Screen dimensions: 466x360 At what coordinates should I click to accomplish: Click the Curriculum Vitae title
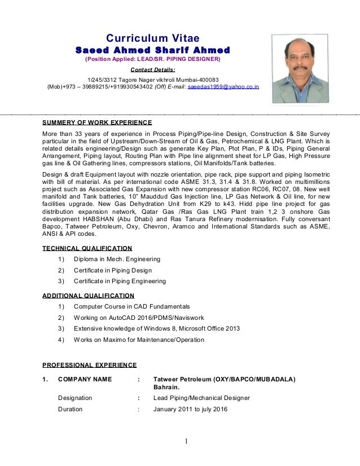153,38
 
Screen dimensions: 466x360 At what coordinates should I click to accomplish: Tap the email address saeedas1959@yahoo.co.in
223,87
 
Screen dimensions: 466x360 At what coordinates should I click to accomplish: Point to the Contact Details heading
152,70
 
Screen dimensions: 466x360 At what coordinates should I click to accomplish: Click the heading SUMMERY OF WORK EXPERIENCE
98,122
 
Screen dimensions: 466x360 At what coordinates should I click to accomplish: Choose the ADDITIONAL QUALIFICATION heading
89,295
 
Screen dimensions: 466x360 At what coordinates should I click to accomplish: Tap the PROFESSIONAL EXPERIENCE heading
90,364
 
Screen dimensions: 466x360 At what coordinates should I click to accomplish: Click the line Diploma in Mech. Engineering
117,259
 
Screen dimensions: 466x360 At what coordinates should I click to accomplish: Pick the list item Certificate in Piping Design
113,270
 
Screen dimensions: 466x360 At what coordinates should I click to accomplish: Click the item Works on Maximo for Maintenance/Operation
139,340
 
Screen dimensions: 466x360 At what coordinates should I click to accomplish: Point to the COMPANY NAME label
85,379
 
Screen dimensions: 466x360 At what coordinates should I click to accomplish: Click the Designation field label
75,398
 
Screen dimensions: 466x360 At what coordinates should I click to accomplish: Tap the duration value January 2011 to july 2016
190,409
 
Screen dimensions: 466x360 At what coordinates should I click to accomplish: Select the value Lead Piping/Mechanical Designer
201,398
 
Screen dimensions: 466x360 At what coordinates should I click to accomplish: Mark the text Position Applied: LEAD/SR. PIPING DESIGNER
152,59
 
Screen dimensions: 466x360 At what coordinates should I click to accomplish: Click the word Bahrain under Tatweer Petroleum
166,388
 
